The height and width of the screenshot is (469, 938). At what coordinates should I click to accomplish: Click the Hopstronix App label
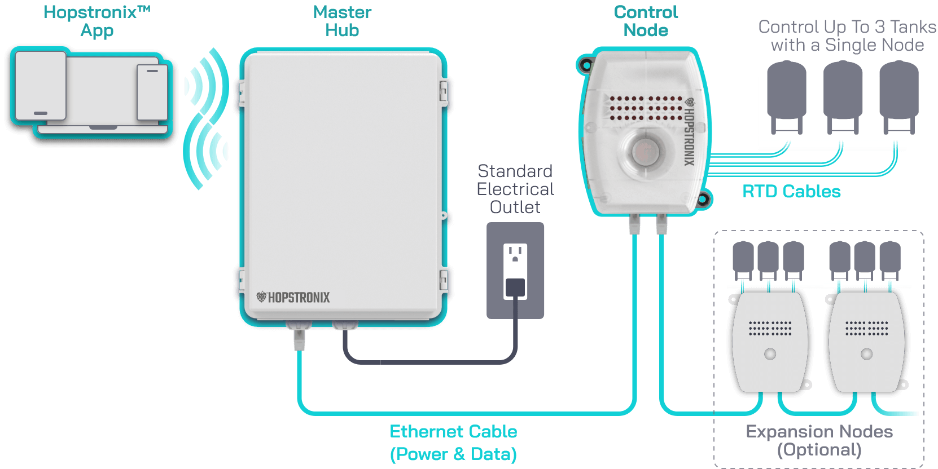97,21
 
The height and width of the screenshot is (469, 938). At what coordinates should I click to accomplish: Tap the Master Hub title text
342,21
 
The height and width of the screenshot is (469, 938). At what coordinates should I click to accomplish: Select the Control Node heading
646,21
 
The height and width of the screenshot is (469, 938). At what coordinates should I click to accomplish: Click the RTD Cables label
791,192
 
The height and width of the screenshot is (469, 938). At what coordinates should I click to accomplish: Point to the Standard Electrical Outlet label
515,189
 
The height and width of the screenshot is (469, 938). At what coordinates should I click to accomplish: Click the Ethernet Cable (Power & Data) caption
453,443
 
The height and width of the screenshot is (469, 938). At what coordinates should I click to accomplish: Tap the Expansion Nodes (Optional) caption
819,440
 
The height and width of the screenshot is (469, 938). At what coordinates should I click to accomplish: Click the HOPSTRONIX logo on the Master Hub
293,297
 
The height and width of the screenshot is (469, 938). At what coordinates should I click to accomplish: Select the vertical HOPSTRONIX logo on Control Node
689,132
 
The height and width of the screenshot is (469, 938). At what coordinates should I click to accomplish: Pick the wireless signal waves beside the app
207,118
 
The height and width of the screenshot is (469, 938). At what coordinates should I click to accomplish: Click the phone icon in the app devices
152,92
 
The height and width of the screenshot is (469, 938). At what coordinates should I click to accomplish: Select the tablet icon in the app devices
41,85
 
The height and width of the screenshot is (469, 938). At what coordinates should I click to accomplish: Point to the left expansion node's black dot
770,354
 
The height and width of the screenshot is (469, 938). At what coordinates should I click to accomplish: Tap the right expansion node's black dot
867,354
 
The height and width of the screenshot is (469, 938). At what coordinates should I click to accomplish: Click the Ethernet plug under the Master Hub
299,338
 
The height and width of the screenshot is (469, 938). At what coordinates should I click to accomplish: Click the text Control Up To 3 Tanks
847,26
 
